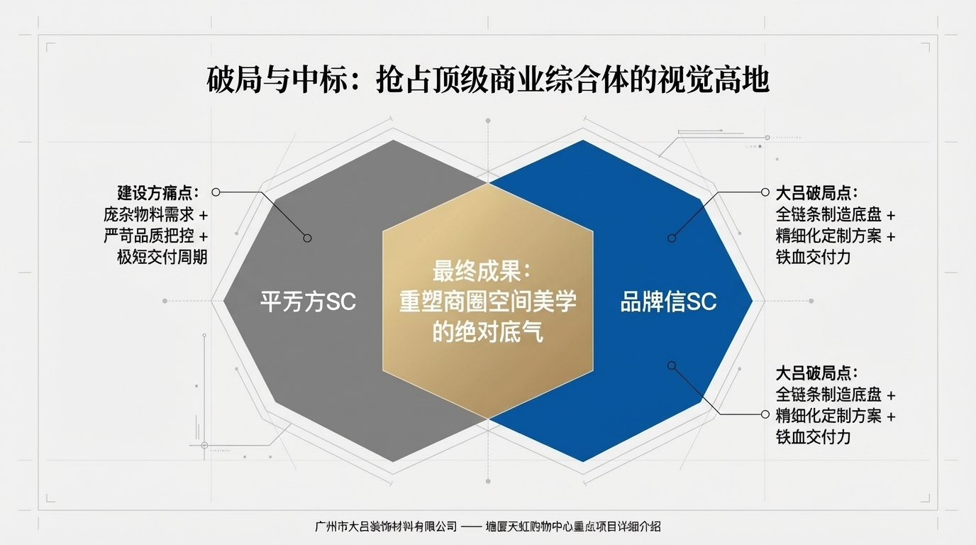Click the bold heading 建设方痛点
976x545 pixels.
158,193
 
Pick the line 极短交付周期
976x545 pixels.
162,257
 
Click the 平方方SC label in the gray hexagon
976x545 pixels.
308,302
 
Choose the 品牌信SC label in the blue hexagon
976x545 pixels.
668,302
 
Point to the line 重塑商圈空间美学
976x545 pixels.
487,302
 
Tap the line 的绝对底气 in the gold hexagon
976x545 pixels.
487,332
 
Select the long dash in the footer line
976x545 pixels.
471,527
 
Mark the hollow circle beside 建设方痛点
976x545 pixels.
216,192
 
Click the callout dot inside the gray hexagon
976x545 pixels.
307,238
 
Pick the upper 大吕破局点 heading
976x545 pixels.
816,193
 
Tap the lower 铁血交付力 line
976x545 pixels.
813,437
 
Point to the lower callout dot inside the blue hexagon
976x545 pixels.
672,365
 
